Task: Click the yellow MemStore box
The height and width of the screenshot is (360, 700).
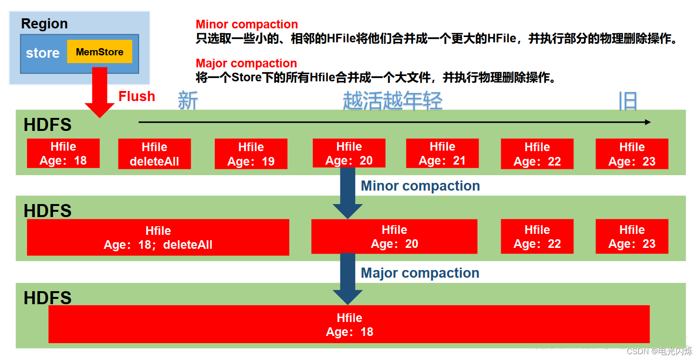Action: (x=99, y=52)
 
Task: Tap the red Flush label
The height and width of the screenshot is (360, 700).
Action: (x=137, y=96)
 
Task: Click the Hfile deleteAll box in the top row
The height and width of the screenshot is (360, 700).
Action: (x=154, y=154)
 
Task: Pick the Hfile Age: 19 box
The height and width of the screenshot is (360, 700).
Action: (x=251, y=154)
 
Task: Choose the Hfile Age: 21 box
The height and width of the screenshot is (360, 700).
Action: (x=442, y=154)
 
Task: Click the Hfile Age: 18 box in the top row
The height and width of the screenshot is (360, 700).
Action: (x=63, y=154)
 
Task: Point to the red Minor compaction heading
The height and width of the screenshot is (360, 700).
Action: (x=246, y=25)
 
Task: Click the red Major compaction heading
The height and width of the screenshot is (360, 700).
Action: (x=246, y=64)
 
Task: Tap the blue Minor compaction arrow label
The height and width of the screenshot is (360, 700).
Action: (x=420, y=186)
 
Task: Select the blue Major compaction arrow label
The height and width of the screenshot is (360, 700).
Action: (x=420, y=273)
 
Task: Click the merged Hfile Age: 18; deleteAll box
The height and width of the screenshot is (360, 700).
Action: (x=158, y=237)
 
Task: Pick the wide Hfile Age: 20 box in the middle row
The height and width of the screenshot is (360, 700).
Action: (x=394, y=237)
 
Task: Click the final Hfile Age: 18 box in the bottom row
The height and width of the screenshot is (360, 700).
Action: (x=349, y=324)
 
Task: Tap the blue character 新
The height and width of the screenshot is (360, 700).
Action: (x=188, y=101)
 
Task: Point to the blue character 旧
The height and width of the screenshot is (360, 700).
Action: (x=628, y=101)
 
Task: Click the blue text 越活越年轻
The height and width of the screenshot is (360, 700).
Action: (x=392, y=101)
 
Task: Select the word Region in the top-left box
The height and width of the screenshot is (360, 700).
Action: (x=44, y=24)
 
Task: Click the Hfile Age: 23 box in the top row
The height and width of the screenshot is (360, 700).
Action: (x=632, y=154)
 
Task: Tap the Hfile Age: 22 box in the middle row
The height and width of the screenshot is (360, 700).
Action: (x=537, y=236)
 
